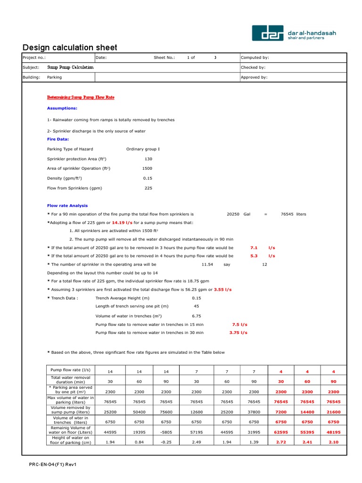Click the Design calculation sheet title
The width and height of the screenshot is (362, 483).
point(70,48)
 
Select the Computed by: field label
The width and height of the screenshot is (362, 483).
point(255,58)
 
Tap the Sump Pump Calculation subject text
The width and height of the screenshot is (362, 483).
point(70,67)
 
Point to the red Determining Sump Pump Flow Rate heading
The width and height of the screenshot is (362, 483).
point(81,97)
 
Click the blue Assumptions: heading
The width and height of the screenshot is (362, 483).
point(62,108)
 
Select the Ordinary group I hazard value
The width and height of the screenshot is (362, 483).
point(143,149)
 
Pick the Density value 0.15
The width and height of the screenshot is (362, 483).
point(147,178)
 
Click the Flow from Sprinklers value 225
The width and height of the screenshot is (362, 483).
point(148,188)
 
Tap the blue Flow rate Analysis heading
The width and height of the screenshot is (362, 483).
point(67,206)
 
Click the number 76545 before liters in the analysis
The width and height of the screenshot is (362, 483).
point(287,214)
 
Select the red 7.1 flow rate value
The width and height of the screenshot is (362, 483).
point(254,248)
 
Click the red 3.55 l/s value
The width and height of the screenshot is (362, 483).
point(223,289)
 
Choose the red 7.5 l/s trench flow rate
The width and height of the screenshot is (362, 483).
point(239,325)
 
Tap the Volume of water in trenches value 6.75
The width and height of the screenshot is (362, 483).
point(197,316)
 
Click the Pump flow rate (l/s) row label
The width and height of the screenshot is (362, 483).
point(70,369)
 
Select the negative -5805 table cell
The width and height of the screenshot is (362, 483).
point(166,432)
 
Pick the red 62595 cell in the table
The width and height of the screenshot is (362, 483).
point(281,432)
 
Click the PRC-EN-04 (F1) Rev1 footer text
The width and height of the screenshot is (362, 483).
point(52,465)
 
